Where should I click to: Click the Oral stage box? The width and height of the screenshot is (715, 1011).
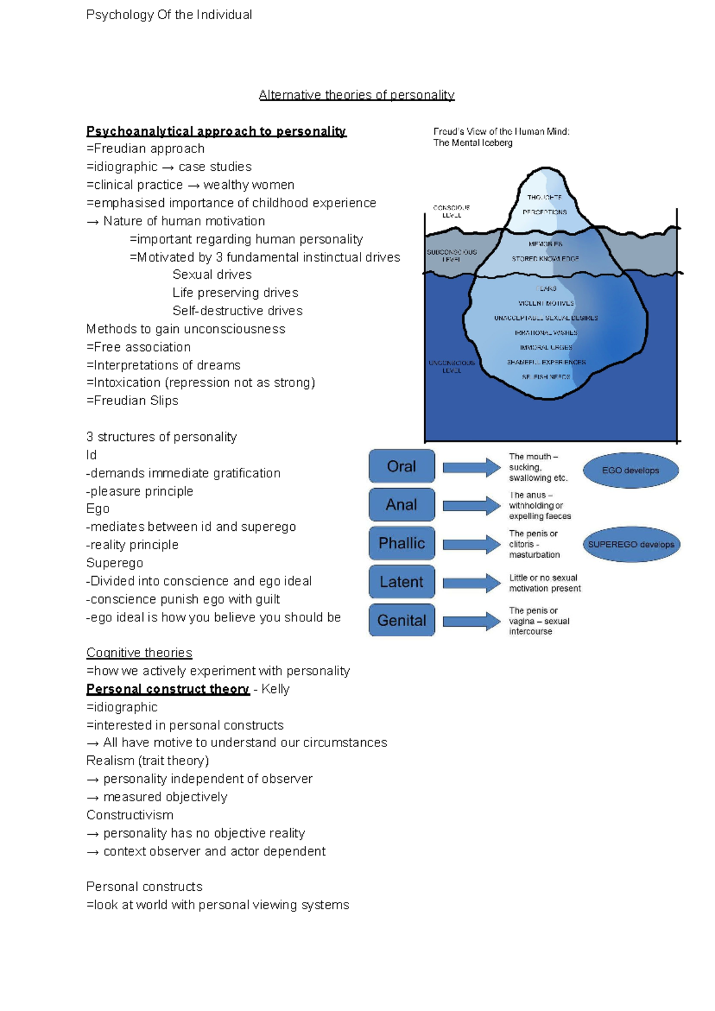click(402, 466)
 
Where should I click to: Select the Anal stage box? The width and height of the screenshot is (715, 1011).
click(402, 505)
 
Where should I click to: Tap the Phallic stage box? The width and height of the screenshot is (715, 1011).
click(402, 543)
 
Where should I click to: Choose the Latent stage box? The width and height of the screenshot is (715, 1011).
click(402, 582)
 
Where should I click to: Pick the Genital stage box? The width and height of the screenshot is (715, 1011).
click(402, 620)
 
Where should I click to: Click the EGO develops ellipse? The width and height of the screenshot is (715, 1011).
click(630, 471)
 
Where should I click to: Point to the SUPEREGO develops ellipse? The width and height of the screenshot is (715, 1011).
click(631, 545)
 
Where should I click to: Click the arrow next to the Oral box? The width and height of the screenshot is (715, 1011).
click(471, 468)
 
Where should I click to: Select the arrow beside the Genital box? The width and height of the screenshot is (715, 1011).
click(471, 621)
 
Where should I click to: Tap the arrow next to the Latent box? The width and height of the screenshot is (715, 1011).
click(471, 583)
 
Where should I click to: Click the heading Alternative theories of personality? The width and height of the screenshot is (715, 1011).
click(356, 95)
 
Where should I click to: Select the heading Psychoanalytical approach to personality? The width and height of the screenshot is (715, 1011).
click(216, 131)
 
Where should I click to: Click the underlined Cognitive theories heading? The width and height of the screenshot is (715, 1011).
click(139, 653)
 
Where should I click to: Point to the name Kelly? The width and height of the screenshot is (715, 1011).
click(275, 689)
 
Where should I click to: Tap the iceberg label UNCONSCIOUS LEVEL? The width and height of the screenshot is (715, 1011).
click(452, 366)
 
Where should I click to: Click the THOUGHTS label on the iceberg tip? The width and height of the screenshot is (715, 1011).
click(544, 197)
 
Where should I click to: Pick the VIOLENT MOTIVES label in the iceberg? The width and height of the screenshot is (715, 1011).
click(546, 303)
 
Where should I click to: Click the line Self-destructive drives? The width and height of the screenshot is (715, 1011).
click(237, 311)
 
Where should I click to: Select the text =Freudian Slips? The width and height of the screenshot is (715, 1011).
click(132, 401)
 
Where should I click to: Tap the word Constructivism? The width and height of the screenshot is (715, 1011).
click(130, 815)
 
